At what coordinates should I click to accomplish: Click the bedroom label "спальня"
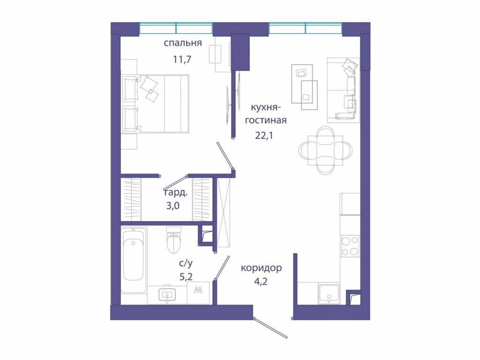(183, 43)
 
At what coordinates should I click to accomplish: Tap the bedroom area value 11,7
(182, 59)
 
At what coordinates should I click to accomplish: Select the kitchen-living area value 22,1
(264, 135)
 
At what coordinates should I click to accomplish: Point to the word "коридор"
(261, 268)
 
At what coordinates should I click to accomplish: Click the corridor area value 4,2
(261, 281)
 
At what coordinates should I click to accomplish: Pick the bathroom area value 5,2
(186, 277)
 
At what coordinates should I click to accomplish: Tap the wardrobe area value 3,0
(173, 206)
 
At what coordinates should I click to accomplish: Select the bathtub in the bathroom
(134, 260)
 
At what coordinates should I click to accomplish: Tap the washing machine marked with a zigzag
(198, 293)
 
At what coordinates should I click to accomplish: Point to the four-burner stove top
(350, 246)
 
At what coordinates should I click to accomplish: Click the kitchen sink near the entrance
(329, 293)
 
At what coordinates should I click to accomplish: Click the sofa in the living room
(343, 90)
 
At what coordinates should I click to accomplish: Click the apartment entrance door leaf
(270, 328)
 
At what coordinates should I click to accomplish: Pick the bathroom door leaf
(222, 268)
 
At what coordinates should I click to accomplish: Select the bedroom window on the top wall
(176, 28)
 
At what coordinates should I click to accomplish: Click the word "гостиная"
(266, 120)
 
